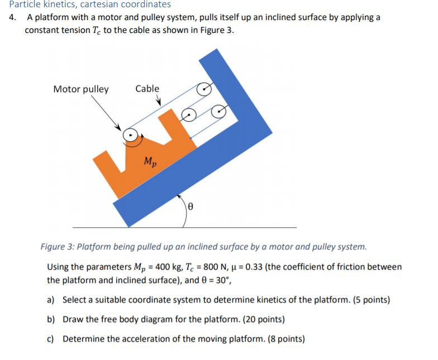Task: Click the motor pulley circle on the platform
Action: click(130, 135)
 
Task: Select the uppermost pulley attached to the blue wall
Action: click(205, 89)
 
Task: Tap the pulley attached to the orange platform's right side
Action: click(189, 116)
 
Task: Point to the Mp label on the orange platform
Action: click(150, 162)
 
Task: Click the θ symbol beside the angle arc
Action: click(191, 206)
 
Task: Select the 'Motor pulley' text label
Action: click(81, 89)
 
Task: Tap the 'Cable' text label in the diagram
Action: click(147, 89)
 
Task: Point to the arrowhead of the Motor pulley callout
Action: click(118, 127)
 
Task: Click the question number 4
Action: click(12, 17)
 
